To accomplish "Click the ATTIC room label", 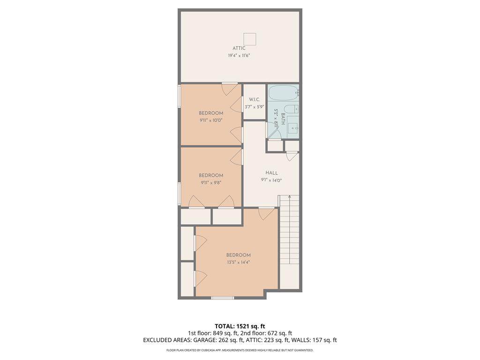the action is point(239,48).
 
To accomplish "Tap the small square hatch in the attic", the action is point(249,39).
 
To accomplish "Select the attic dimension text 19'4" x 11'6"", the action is point(239,56).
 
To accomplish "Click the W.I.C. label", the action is point(255,99).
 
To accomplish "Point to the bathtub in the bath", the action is point(283,93).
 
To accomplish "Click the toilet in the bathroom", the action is point(291,109).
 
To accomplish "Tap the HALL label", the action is point(271,173).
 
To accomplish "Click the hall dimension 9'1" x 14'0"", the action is point(271,180).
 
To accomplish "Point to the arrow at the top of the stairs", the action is point(290,197).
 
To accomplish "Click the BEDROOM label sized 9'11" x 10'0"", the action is point(211,113).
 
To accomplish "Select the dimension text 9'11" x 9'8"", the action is point(211,183).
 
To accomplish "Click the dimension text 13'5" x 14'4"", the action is point(239,262).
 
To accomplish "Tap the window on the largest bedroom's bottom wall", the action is point(223,298).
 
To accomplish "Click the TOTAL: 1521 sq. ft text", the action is point(240,326).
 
